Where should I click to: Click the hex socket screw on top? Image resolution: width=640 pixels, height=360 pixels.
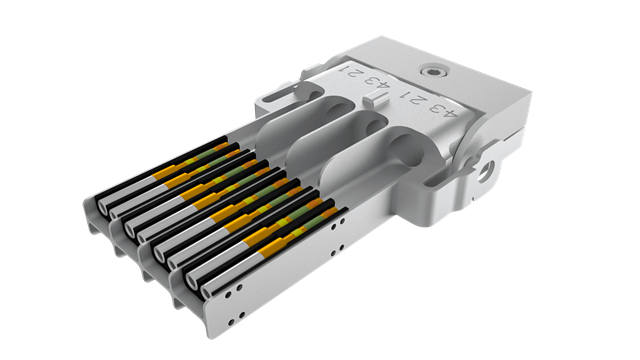433,72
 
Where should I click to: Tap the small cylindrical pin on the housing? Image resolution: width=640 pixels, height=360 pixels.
376,99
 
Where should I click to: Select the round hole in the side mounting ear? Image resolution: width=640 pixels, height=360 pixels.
486,172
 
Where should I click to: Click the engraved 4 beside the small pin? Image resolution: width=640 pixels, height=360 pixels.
383,85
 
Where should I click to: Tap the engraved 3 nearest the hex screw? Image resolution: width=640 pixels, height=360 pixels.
436,107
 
